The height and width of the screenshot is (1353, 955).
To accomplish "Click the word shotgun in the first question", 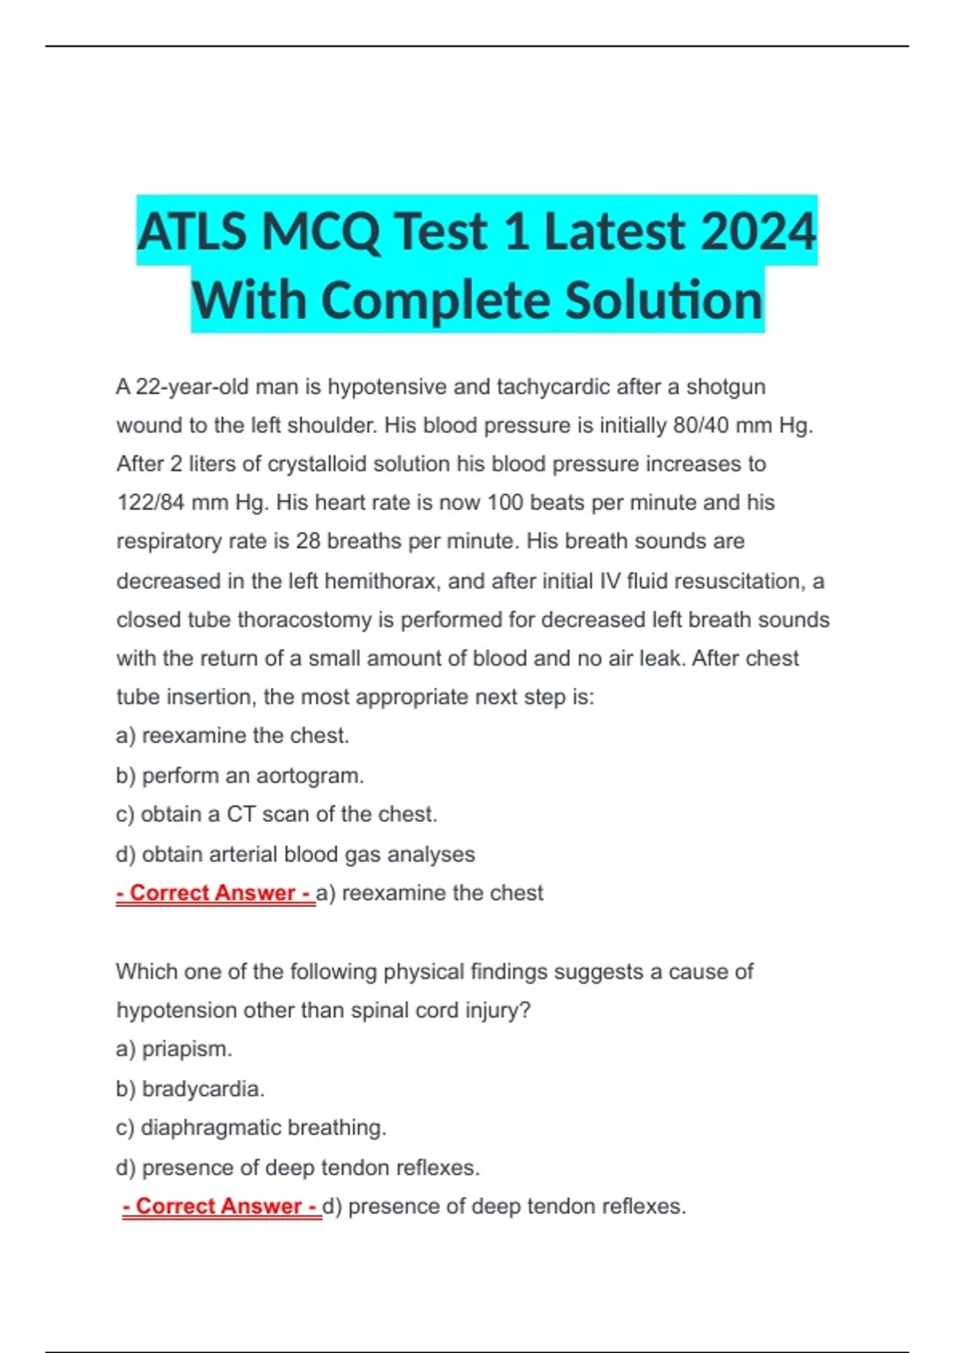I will point(726,387).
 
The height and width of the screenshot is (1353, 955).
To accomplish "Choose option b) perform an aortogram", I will point(240,775).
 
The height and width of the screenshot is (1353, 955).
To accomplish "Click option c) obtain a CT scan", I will point(276,814).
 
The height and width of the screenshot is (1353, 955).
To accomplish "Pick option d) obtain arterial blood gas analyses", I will point(295,854).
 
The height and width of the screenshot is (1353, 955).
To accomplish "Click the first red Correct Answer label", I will point(215,893).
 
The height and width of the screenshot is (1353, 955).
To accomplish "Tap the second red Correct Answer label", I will point(221,1207).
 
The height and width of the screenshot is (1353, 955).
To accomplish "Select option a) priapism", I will point(173,1049).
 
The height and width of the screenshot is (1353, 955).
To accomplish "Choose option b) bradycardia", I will point(189,1088).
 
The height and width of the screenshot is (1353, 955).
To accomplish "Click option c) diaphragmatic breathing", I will point(251,1128).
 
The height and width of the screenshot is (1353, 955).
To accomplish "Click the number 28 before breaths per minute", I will point(307,541).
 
